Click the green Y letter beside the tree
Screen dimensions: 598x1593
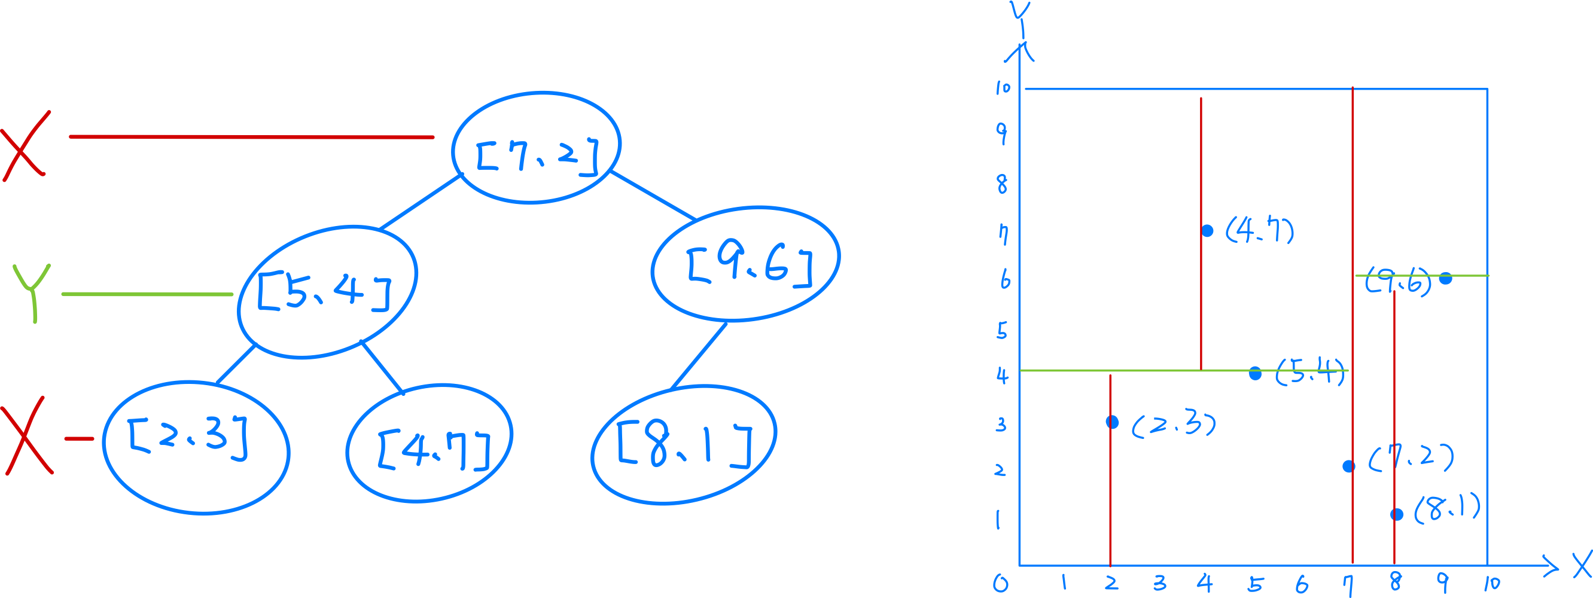click(x=32, y=292)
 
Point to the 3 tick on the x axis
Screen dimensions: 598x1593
click(x=1159, y=582)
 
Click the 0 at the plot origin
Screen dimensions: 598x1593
click(x=1001, y=583)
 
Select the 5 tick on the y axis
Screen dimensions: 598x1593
click(x=1002, y=331)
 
